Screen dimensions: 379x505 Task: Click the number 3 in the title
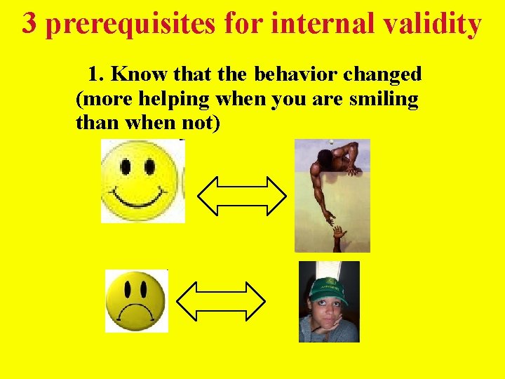tap(29, 24)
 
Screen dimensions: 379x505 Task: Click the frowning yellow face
tap(135, 301)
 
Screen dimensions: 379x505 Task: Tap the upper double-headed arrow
tap(242, 194)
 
